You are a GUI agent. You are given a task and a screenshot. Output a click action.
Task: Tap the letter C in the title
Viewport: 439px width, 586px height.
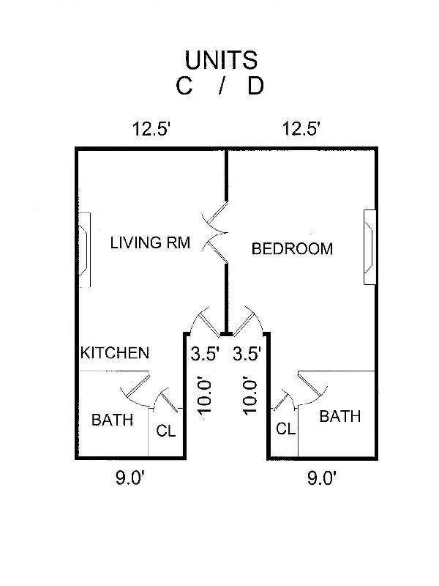point(184,86)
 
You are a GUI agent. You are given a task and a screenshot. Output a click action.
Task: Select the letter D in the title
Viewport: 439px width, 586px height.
point(255,86)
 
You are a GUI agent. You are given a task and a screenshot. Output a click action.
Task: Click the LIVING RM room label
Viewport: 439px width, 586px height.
point(150,243)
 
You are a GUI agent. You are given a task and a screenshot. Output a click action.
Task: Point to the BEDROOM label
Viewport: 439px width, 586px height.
point(292,249)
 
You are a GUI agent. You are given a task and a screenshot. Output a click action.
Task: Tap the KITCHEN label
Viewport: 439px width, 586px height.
point(115,353)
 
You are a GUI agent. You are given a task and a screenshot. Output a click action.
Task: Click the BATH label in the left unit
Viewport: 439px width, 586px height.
point(112,420)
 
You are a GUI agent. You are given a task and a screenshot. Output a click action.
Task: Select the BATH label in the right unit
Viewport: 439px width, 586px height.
point(340,417)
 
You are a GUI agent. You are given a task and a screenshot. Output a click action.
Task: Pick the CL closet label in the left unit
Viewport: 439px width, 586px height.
point(166,431)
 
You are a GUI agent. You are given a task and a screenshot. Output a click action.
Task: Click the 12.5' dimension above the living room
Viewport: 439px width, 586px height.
point(151,130)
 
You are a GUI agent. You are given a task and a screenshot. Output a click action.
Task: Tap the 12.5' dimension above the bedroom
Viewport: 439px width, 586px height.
point(301,130)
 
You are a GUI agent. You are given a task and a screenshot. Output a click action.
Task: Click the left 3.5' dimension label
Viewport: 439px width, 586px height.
point(205,355)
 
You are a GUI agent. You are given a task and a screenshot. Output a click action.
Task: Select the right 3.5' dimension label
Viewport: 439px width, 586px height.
point(247,355)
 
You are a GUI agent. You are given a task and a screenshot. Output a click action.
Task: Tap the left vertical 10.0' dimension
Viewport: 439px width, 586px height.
point(204,396)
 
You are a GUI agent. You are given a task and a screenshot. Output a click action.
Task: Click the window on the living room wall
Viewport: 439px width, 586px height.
point(84,250)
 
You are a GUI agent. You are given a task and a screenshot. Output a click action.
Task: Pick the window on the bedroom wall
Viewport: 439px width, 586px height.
point(369,247)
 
